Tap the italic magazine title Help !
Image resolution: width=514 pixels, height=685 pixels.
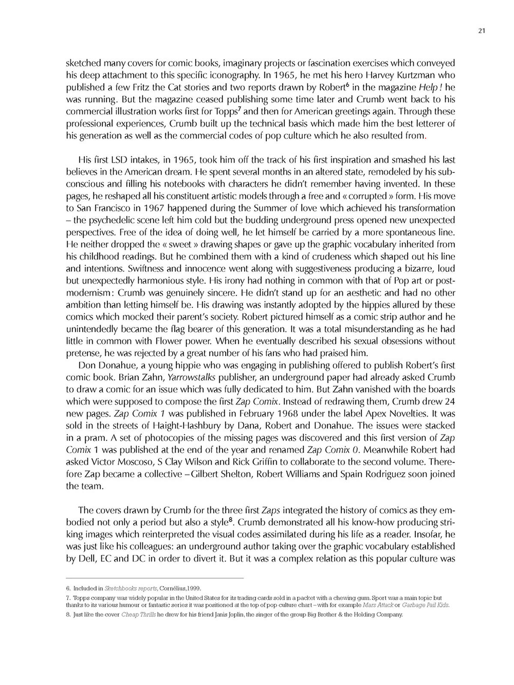(x=430, y=87)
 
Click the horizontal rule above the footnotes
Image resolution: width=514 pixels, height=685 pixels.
(x=155, y=578)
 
